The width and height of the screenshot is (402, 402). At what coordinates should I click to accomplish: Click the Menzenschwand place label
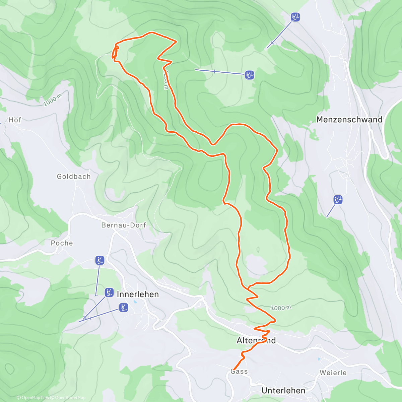pyautogui.click(x=349, y=120)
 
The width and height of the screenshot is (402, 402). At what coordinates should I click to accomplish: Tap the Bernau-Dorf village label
pyautogui.click(x=124, y=225)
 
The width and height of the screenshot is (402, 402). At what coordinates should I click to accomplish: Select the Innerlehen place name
pyautogui.click(x=138, y=294)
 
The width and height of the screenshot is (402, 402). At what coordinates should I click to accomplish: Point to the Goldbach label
pyautogui.click(x=74, y=177)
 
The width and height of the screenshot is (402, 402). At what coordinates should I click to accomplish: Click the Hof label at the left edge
pyautogui.click(x=15, y=120)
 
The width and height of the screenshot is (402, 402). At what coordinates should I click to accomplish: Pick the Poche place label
pyautogui.click(x=62, y=243)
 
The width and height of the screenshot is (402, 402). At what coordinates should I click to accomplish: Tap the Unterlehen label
pyautogui.click(x=283, y=391)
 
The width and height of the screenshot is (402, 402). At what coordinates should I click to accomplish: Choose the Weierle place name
pyautogui.click(x=333, y=373)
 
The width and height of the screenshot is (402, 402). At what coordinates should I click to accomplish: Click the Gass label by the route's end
pyautogui.click(x=239, y=372)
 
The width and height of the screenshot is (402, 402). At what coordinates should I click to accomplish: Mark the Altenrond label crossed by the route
pyautogui.click(x=256, y=341)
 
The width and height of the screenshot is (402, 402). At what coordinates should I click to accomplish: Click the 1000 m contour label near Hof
pyautogui.click(x=53, y=100)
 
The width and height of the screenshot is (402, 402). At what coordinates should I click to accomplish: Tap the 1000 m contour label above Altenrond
pyautogui.click(x=281, y=308)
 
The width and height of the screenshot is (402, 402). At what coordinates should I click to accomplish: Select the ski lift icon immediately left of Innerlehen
pyautogui.click(x=109, y=292)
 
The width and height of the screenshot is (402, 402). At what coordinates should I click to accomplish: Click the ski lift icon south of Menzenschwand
pyautogui.click(x=338, y=200)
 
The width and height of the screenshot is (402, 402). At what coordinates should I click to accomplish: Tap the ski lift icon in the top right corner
pyautogui.click(x=295, y=17)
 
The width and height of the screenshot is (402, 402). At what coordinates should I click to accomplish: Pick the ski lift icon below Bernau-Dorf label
pyautogui.click(x=99, y=260)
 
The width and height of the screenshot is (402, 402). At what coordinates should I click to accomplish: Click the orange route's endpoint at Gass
pyautogui.click(x=233, y=370)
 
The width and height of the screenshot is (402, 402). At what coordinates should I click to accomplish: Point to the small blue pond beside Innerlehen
pyautogui.click(x=135, y=302)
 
